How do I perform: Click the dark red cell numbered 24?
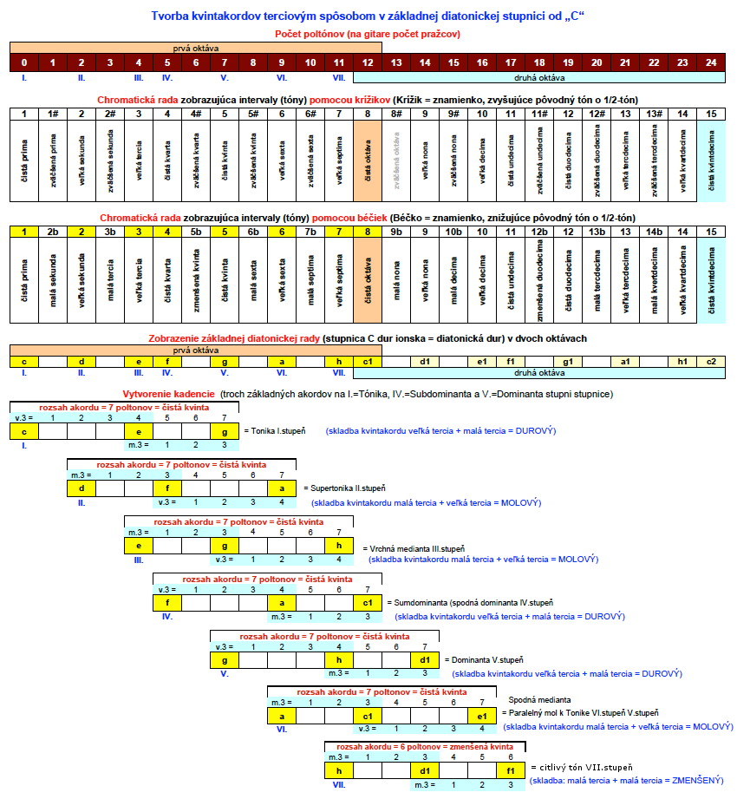pos(711,62)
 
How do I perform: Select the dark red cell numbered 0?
pos(24,62)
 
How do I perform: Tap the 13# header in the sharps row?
pos(654,114)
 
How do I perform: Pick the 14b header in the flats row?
pos(654,232)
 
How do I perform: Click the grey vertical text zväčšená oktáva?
pos(396,161)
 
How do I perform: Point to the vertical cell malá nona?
pos(396,280)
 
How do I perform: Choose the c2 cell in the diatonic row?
pos(711,362)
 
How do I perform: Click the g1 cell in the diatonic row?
pos(568,362)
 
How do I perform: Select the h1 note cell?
pos(682,362)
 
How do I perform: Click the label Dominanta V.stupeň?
pos(487,660)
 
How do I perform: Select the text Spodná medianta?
pos(539,699)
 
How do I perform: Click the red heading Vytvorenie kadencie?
pos(168,394)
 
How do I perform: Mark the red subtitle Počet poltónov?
pos(314,34)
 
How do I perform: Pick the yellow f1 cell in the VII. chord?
pos(511,771)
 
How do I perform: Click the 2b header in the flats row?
pos(53,232)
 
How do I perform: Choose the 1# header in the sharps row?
pos(53,114)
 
